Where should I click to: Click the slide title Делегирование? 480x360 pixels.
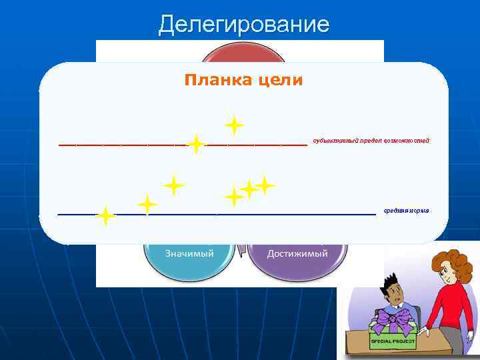pos(243,25)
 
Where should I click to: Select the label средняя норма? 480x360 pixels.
pos(406,211)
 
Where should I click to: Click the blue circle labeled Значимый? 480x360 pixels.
pos(189,257)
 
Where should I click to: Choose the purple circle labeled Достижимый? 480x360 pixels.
pos(297,257)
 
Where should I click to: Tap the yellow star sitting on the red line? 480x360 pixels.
pos(195,143)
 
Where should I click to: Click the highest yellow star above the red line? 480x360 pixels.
pos(233,125)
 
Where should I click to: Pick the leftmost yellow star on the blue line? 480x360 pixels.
pos(105,216)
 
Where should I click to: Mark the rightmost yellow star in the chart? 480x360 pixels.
pos(265,185)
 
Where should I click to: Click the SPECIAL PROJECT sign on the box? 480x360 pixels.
pos(393,341)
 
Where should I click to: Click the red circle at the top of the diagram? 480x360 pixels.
pos(240,53)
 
